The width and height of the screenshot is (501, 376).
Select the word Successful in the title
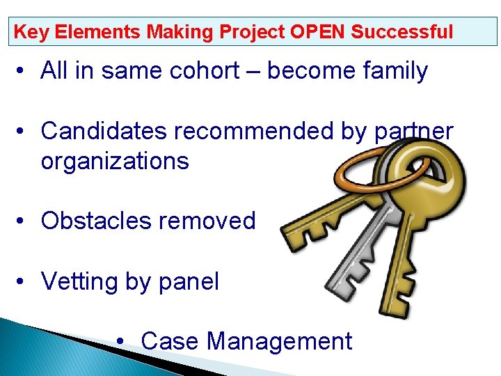pos(402,32)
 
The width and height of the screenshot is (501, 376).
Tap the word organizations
pos(115,162)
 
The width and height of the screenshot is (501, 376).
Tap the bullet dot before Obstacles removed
pos(23,221)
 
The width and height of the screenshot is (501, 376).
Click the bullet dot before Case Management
pos(122,342)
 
